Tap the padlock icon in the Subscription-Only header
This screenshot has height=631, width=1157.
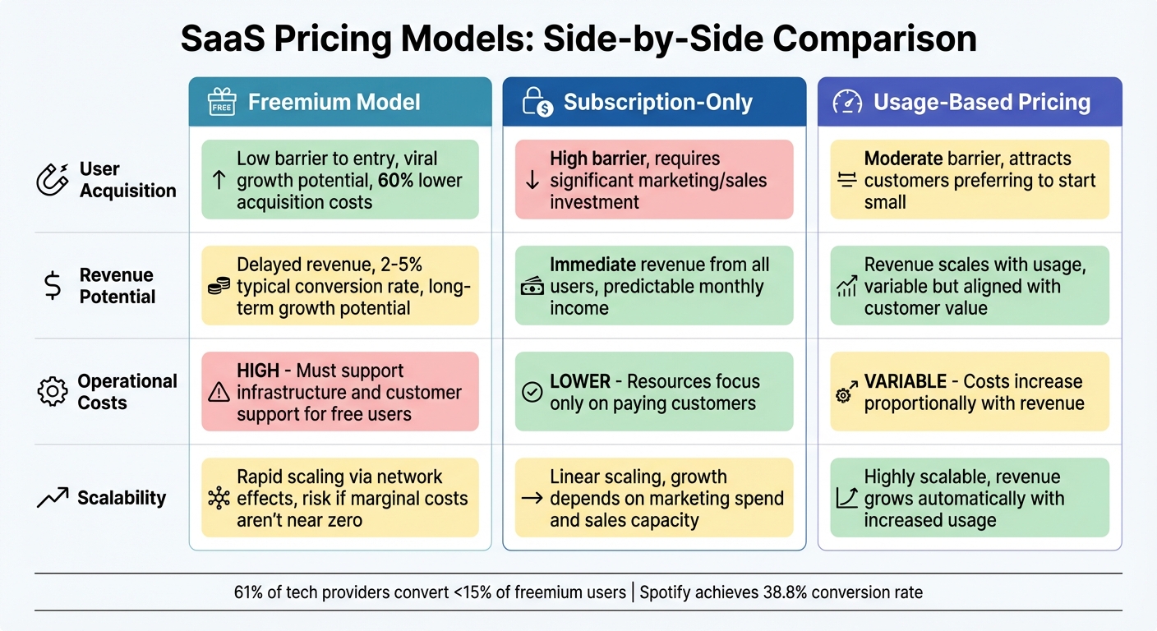click(536, 102)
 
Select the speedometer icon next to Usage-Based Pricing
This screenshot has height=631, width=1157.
click(847, 102)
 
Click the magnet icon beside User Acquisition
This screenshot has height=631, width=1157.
click(53, 179)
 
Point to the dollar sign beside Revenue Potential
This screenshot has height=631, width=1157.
click(51, 286)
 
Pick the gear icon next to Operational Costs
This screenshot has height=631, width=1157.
click(52, 392)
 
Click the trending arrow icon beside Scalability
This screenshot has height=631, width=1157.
click(53, 497)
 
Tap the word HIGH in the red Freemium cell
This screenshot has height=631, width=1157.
click(258, 371)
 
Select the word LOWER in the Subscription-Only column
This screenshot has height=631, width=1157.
click(580, 381)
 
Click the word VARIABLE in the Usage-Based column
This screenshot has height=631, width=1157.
click(905, 381)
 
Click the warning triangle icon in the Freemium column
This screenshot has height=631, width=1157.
click(219, 393)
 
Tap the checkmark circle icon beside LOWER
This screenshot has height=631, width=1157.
click(532, 393)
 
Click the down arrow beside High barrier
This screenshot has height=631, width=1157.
click(532, 180)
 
